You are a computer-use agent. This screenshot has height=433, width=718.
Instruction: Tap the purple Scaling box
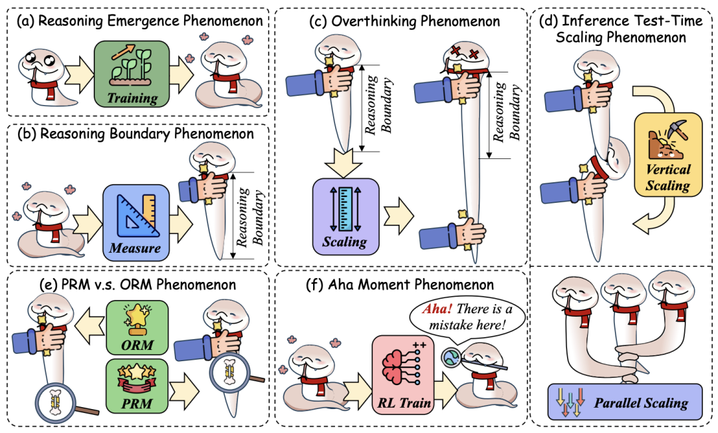point(345,215)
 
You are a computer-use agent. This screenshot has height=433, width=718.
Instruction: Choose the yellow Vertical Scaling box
point(668,154)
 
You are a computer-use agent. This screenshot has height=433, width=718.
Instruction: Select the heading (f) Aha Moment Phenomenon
point(403,285)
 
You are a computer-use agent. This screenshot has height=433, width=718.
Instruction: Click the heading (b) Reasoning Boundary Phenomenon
point(136,134)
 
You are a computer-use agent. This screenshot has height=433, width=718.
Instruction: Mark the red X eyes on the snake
point(463,53)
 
